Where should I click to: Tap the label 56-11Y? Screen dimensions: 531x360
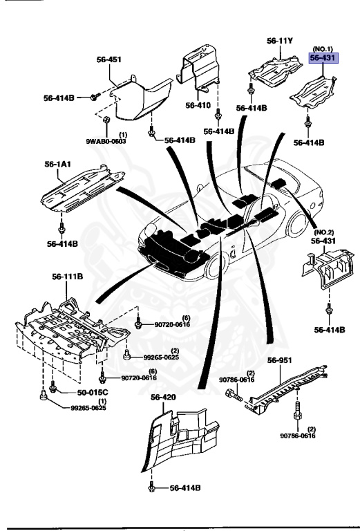(280, 41)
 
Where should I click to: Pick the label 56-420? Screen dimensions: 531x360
(164, 397)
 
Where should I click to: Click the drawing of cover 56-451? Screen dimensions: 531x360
(142, 100)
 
